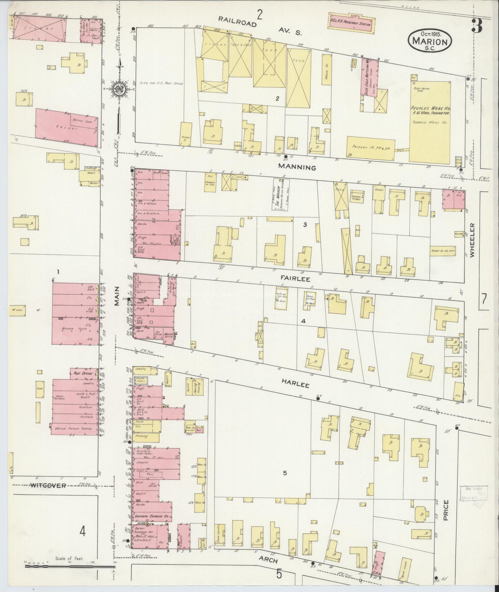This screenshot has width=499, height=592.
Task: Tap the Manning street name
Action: click(297, 167)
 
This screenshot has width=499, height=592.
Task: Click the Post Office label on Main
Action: click(82, 374)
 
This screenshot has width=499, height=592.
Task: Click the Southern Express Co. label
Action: click(151, 517)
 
